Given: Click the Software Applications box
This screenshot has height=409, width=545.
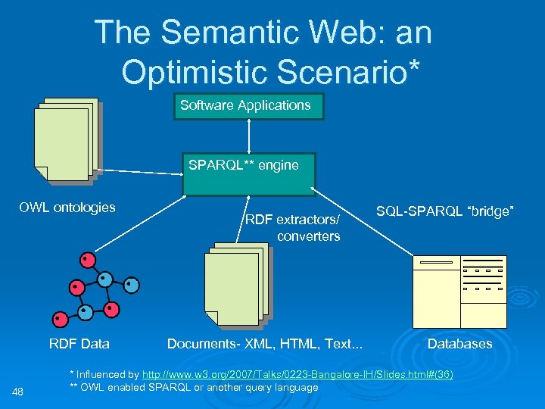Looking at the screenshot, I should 249,106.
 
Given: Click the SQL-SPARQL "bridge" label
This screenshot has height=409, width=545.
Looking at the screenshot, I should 445,211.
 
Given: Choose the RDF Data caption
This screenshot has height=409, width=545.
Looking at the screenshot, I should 79,344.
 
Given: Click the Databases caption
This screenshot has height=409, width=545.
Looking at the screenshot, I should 459,344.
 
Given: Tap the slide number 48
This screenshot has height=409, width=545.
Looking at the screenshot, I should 20,391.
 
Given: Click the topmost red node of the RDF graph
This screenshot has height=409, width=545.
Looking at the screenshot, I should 89,261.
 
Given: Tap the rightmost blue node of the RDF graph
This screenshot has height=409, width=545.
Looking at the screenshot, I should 132,286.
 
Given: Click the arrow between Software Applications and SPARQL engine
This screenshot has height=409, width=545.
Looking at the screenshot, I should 249,136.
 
